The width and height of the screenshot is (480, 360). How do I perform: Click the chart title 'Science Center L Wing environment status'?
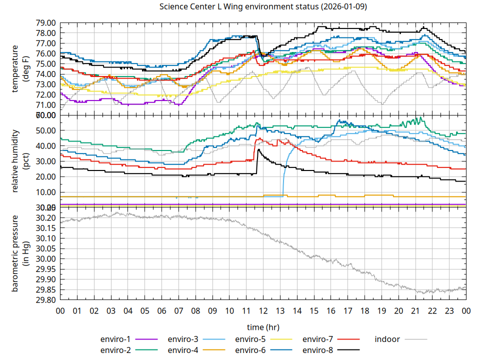click(x=262, y=7)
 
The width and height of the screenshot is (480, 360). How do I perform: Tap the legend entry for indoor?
click(x=387, y=339)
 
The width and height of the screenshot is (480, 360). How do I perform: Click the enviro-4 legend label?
click(x=184, y=349)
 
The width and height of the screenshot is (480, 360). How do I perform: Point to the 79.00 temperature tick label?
click(x=45, y=23)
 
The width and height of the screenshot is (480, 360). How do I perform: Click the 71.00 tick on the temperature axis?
click(x=45, y=105)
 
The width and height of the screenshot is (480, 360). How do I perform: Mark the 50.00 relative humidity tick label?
click(x=45, y=130)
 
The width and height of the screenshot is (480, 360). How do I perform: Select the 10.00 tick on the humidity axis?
click(x=45, y=192)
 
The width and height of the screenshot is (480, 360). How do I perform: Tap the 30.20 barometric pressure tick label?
click(x=45, y=218)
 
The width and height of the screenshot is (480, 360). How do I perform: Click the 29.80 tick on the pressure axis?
click(x=45, y=300)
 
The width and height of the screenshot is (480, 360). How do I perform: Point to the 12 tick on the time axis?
click(x=263, y=310)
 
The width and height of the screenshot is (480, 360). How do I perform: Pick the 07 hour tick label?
click(x=178, y=310)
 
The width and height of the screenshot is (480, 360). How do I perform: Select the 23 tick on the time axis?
click(x=449, y=310)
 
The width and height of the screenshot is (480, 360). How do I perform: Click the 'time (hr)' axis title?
click(x=263, y=327)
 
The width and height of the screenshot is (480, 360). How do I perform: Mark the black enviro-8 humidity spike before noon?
click(x=258, y=150)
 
